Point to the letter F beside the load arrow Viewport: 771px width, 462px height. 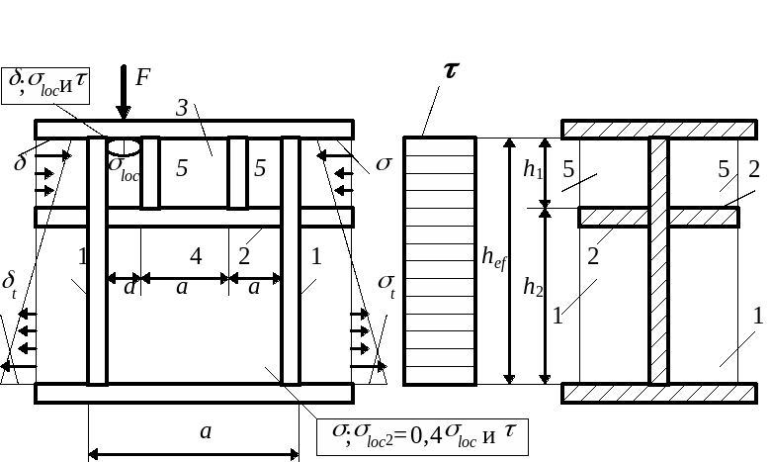142,77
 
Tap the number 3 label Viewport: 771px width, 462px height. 182,108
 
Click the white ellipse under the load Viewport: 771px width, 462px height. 125,146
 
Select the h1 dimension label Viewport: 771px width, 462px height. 533,170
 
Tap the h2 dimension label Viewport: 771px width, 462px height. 533,288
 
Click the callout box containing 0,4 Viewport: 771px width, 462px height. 422,434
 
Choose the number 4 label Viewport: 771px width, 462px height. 196,256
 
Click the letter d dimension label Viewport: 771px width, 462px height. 128,289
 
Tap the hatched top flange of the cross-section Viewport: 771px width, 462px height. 658,129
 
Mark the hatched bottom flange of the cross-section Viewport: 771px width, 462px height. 658,393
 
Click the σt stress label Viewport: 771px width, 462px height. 386,286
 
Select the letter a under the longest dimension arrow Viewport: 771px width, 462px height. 205,431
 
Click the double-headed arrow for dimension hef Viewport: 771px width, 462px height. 510,260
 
